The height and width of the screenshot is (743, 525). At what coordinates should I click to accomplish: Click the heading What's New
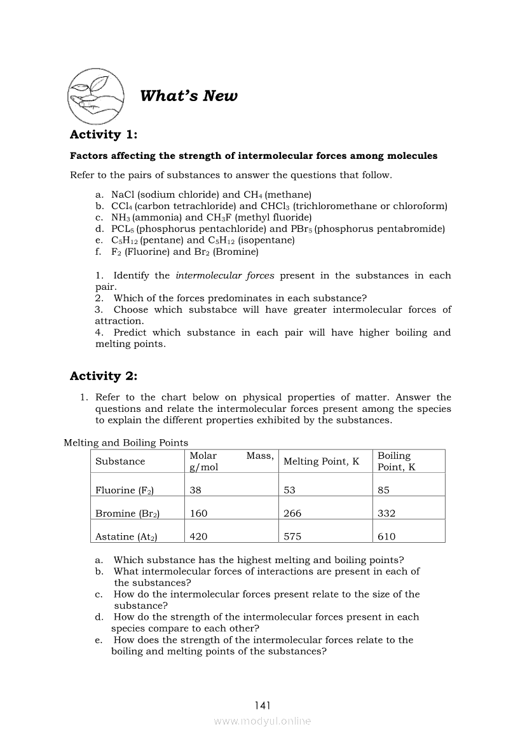click(188, 96)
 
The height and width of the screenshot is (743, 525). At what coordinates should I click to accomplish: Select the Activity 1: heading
click(104, 134)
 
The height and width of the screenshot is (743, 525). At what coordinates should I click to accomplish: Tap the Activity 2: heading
click(104, 376)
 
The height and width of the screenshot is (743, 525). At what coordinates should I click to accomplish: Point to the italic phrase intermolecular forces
click(225, 275)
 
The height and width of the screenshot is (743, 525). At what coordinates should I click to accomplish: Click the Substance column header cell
click(120, 461)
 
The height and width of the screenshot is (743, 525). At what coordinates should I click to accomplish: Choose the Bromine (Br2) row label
click(127, 514)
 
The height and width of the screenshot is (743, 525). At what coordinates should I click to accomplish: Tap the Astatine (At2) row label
click(126, 536)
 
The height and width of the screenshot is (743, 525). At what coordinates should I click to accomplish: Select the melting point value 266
click(292, 514)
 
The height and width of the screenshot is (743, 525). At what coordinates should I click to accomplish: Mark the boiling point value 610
click(386, 536)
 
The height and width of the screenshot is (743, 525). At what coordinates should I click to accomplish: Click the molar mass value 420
click(198, 536)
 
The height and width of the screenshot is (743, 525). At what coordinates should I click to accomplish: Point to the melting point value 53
click(289, 490)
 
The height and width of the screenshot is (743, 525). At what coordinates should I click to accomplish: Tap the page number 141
click(262, 705)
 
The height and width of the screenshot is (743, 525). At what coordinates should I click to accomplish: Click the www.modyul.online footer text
click(262, 721)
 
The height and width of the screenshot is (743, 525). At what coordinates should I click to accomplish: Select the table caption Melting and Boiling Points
click(126, 442)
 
